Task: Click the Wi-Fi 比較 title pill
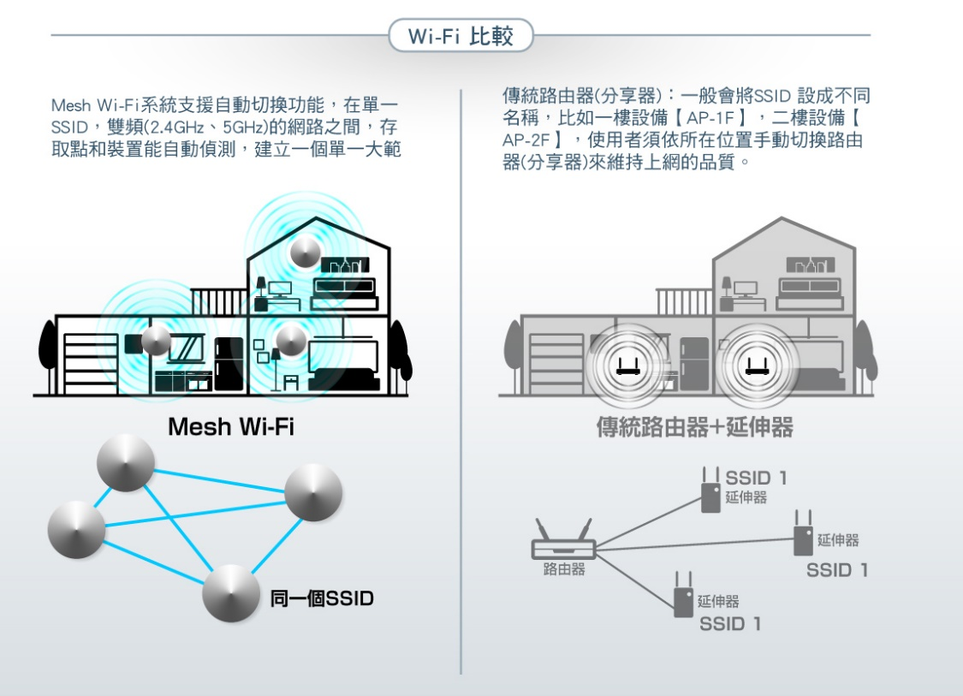click(x=461, y=37)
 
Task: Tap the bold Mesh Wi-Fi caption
click(x=230, y=426)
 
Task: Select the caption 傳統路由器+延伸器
click(x=694, y=426)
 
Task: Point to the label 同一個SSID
click(x=322, y=598)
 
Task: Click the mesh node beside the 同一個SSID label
click(x=231, y=593)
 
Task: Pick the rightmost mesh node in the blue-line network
click(x=313, y=494)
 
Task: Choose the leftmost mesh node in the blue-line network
click(x=77, y=526)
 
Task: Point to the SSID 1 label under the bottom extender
click(x=729, y=624)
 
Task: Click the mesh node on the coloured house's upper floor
click(x=306, y=252)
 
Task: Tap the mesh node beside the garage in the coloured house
click(x=157, y=341)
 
